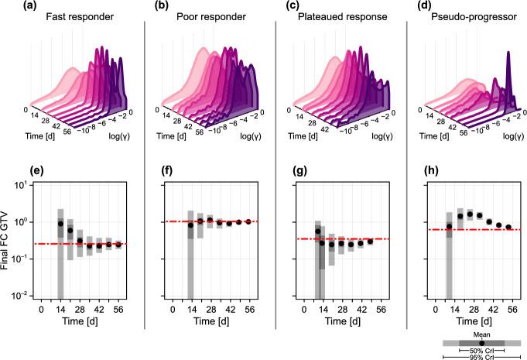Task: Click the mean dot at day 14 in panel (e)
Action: point(60,224)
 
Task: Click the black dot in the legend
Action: point(481,341)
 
